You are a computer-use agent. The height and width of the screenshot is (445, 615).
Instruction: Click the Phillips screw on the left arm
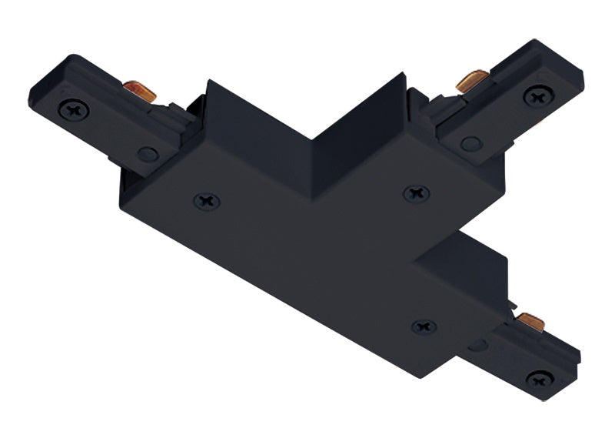tap(74, 109)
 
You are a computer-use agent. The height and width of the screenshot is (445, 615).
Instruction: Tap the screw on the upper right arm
tap(538, 95)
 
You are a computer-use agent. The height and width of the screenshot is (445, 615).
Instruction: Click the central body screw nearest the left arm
tap(206, 201)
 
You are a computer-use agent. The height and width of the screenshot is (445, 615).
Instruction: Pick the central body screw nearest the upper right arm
tap(417, 193)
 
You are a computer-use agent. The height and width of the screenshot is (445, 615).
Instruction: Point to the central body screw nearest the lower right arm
tap(424, 326)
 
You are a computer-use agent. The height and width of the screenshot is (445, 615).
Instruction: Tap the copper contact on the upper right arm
tap(472, 79)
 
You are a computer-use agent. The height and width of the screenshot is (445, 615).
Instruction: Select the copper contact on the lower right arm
tap(530, 321)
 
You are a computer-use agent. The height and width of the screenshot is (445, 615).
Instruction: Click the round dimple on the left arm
tap(148, 153)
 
